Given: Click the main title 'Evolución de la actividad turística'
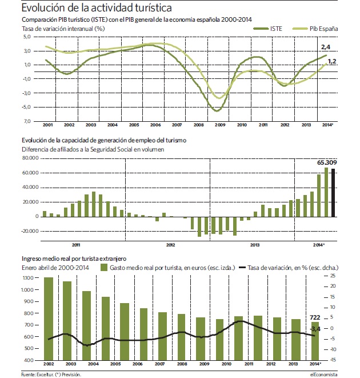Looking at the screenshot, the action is pos(97,7).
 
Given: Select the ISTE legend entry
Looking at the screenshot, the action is pos(267,29).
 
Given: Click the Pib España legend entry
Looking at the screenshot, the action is pos(315,29).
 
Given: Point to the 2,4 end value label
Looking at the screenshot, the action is pos(326,47).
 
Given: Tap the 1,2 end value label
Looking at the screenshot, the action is pos(332,61).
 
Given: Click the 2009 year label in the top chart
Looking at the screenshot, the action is pos(220,125).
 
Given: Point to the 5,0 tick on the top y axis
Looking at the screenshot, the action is pos(27,37).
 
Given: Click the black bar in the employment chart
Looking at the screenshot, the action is pos(333,193).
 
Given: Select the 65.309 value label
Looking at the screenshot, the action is pos(327,162).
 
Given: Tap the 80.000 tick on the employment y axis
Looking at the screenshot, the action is pos(30,158).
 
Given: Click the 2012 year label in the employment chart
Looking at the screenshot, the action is pos(170,245).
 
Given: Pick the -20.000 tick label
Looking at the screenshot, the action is pos(30,231).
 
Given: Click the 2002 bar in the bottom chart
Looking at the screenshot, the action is pos(49,319).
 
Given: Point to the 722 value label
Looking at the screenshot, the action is pos(315,317).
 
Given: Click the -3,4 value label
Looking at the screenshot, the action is pos(315,329).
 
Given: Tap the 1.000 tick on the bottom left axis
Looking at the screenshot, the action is pos(27,290).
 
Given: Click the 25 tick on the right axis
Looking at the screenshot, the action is pos(333,276).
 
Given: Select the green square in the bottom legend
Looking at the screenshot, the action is pos(104,268).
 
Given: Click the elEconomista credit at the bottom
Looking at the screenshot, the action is pos(324,375).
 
